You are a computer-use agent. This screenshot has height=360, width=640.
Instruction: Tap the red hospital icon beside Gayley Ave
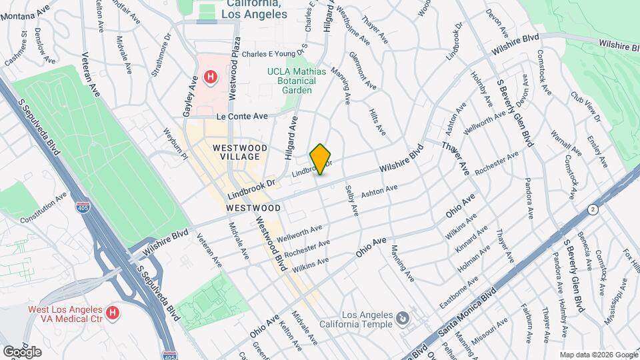coord(211,78)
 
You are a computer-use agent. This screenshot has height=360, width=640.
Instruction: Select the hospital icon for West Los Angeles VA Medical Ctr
coord(113,312)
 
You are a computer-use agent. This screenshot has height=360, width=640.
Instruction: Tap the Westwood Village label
coord(240,151)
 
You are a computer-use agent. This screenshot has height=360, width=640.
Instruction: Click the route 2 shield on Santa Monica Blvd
coord(592,209)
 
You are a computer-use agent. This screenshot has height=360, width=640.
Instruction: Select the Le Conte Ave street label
coord(241,116)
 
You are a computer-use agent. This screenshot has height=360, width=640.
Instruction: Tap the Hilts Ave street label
coord(377,119)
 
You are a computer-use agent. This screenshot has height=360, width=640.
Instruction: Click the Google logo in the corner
coord(22,351)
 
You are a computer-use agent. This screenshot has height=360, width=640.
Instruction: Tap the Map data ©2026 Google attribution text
coord(598,354)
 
